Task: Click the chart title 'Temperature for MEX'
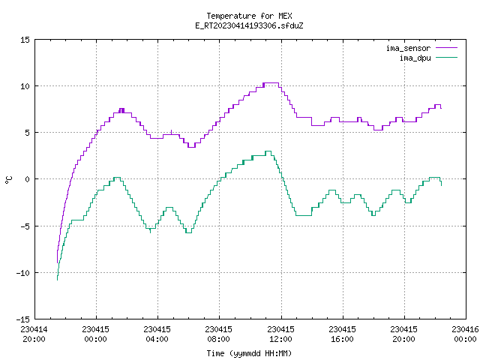point(249,16)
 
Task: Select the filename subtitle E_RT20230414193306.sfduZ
point(249,25)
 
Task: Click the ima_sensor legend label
point(408,48)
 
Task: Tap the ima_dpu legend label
point(415,58)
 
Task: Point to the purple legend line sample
point(447,48)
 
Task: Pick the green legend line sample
point(447,57)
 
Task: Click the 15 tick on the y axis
point(25,40)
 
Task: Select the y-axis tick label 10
point(25,86)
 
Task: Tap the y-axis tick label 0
point(27,179)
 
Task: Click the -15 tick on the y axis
point(23,319)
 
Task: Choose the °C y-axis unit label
point(9,180)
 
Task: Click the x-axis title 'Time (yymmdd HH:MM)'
point(249,353)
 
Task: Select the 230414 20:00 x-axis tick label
point(34,334)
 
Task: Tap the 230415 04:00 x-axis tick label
point(157,334)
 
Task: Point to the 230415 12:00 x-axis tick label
point(280,334)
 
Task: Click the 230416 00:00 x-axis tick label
point(465,334)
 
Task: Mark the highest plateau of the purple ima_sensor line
point(271,82)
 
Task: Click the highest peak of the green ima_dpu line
point(268,151)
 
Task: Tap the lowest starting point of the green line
point(57,280)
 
